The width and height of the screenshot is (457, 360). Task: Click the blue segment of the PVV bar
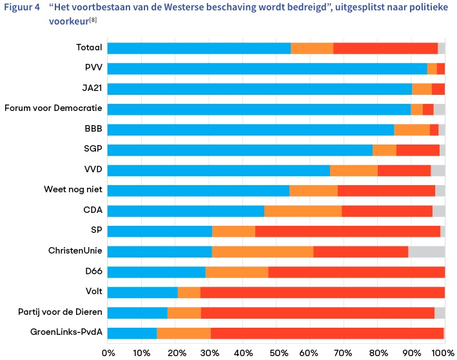click(x=267, y=69)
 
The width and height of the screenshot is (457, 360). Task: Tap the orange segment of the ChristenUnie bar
click(x=262, y=252)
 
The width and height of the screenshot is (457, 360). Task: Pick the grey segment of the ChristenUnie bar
click(x=426, y=252)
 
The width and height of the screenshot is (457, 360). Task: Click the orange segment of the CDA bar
click(x=303, y=211)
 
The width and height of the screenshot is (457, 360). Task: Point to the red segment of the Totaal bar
click(x=385, y=48)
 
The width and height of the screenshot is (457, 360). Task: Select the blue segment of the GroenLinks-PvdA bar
click(x=132, y=333)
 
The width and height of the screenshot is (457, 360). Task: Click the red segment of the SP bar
click(x=347, y=231)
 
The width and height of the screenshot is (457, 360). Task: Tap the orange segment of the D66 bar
click(x=237, y=272)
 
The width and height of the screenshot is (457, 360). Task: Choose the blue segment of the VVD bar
click(x=219, y=170)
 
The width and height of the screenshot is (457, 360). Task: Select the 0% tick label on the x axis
click(x=108, y=352)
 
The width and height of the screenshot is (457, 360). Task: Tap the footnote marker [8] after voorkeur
click(x=93, y=21)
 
